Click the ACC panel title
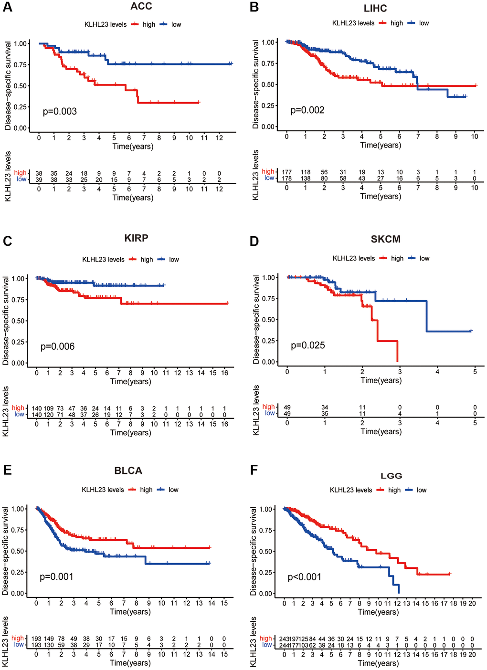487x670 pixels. (141, 6)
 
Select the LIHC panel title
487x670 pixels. (375, 8)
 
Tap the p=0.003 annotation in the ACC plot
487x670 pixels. (60, 112)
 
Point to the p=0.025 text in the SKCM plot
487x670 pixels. (307, 345)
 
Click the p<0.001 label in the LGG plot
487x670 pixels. (304, 577)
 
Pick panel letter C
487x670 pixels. (7, 241)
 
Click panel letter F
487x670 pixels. (254, 471)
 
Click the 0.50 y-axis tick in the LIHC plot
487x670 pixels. (268, 84)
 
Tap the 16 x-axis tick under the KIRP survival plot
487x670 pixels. (224, 373)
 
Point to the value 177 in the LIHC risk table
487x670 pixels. (286, 172)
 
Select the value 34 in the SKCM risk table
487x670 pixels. (325, 408)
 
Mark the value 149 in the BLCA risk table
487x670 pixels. (49, 639)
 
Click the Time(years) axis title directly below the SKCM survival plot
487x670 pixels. (381, 380)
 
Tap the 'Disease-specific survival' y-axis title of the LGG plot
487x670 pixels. (254, 551)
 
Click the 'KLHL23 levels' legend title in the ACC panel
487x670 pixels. (106, 24)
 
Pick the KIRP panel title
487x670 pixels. (136, 238)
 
